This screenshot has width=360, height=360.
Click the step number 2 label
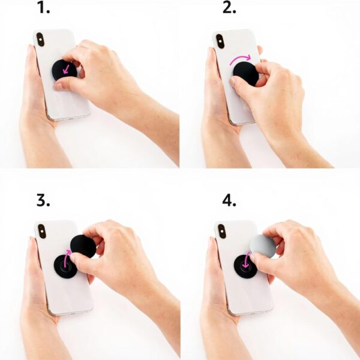point(229,8)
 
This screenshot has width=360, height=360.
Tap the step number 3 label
point(43,200)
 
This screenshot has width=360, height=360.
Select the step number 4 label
point(229,200)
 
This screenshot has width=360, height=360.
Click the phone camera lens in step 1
point(40,40)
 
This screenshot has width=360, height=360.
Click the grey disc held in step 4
point(262,246)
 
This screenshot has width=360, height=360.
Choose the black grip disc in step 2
point(245,72)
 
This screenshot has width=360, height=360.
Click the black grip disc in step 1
point(62,70)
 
